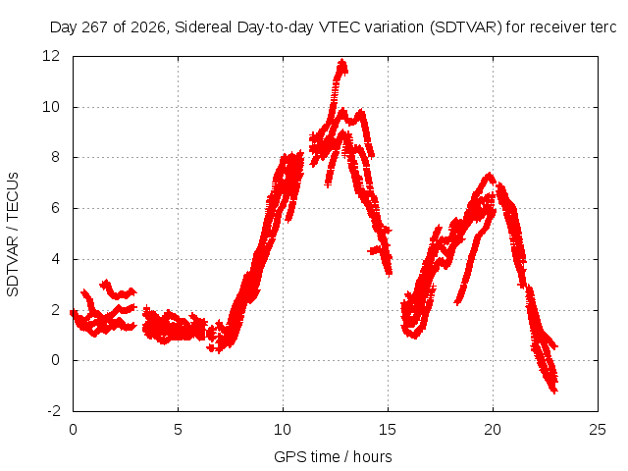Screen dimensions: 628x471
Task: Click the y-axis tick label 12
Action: coord(51,56)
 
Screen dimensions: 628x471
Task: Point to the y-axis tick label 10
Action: coord(51,107)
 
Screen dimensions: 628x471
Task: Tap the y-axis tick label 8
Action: coord(55,157)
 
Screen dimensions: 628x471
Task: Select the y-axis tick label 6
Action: coord(55,208)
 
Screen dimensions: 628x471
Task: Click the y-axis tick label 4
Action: coord(55,259)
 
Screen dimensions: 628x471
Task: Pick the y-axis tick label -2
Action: coord(54,411)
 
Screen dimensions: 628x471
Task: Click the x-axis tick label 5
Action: coord(178,430)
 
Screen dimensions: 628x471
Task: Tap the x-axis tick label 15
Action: coord(388,430)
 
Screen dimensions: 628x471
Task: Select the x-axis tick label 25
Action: coord(598,430)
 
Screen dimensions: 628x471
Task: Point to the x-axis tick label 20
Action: coord(493,430)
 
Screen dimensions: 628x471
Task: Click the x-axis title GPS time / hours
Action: coord(333,456)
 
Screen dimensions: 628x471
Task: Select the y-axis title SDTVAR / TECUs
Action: coord(13,235)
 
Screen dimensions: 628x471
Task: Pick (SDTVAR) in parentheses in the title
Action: coord(465,27)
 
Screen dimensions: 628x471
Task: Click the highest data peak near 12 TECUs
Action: coord(342,61)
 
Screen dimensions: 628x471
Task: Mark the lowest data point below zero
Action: coord(554,392)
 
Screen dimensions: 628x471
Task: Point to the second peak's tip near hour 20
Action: coord(489,175)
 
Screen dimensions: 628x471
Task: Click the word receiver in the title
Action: coord(555,27)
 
